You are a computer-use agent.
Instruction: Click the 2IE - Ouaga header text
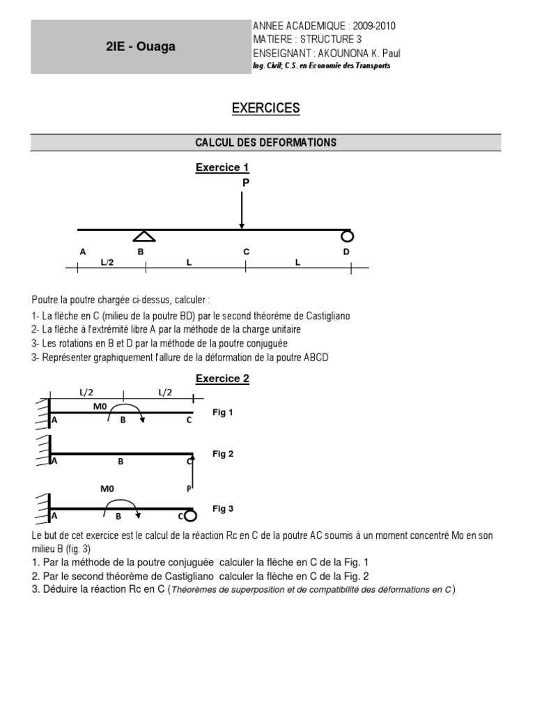click(x=141, y=47)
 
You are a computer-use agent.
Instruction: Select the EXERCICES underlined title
click(x=265, y=108)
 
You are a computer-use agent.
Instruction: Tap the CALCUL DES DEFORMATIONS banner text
click(x=265, y=142)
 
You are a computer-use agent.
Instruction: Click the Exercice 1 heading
click(x=222, y=167)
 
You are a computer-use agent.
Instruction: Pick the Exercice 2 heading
click(x=222, y=379)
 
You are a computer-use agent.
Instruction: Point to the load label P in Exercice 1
click(x=245, y=182)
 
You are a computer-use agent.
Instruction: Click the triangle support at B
click(x=144, y=236)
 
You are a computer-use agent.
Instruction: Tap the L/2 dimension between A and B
click(x=107, y=261)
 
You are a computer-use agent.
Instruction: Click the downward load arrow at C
click(x=242, y=209)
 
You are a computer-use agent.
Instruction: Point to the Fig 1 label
click(x=223, y=412)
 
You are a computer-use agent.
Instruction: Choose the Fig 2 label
click(x=223, y=453)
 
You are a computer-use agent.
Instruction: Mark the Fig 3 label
click(x=223, y=508)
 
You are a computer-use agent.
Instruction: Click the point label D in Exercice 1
click(x=346, y=252)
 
